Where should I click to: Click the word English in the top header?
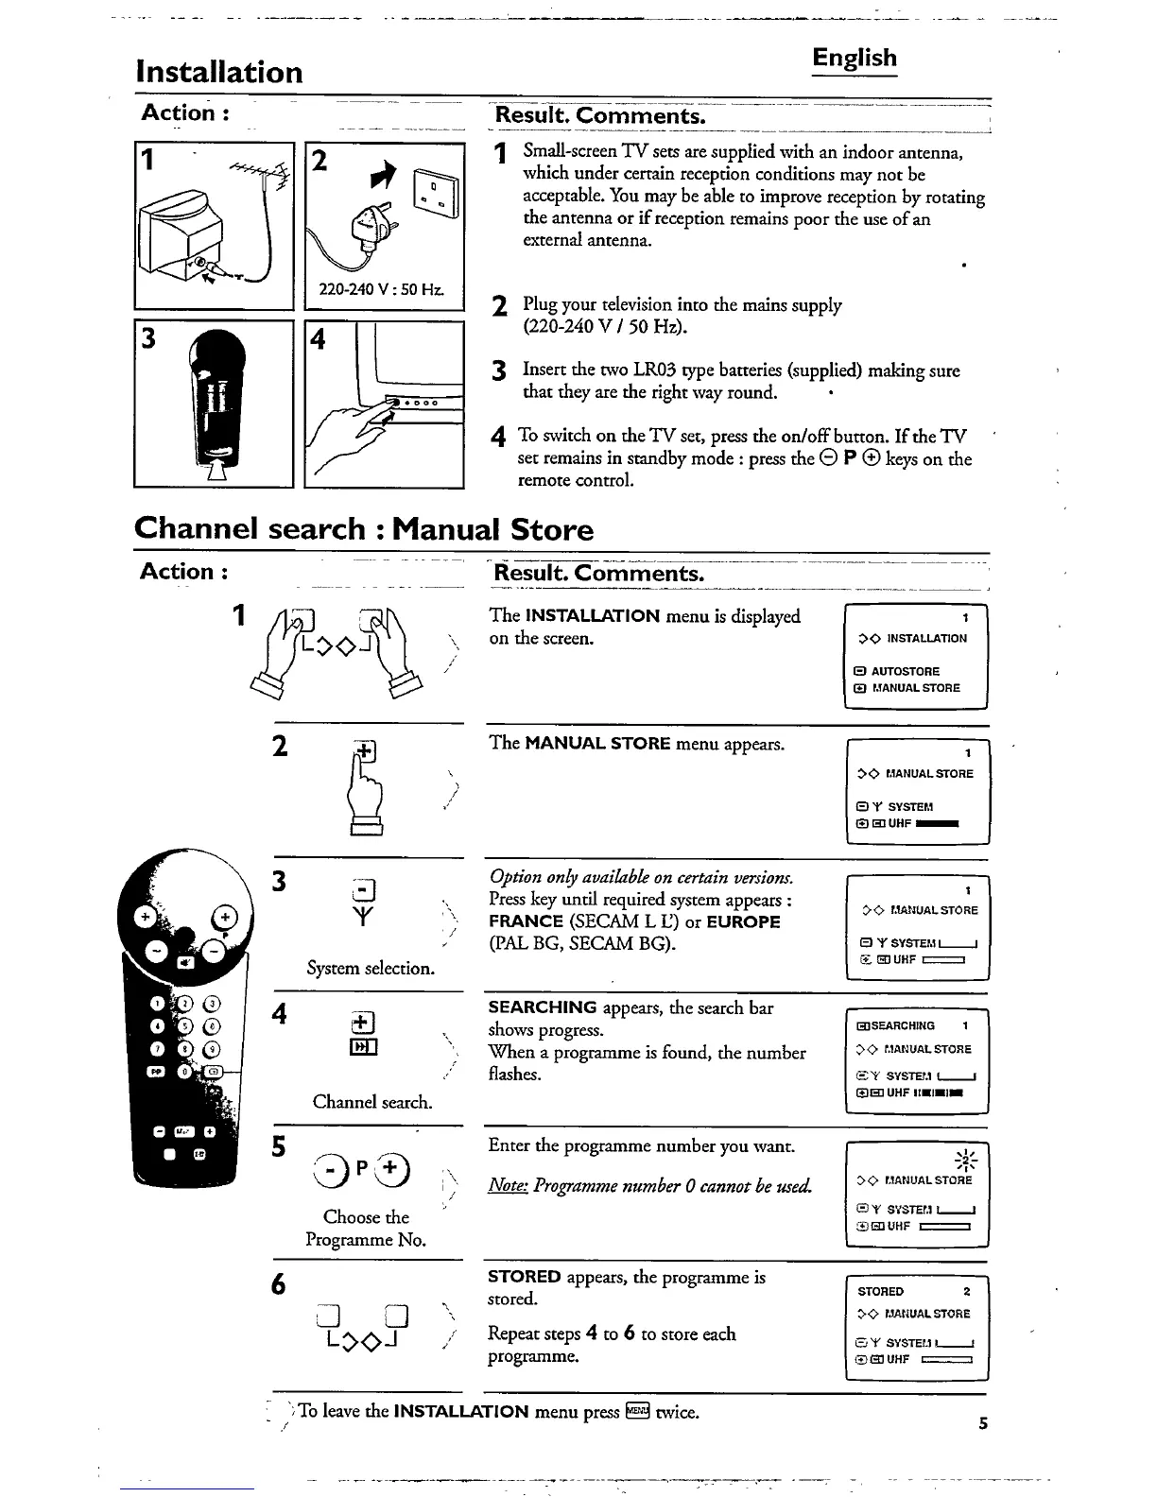[x=855, y=59]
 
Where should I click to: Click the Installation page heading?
[x=219, y=72]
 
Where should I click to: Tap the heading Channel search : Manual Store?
[x=364, y=529]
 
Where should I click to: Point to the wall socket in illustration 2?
[x=441, y=198]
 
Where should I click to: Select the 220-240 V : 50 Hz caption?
[x=383, y=289]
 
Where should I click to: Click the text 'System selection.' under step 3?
[x=371, y=969]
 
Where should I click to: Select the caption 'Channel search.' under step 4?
[x=372, y=1102]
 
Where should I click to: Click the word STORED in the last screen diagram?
[x=880, y=1292]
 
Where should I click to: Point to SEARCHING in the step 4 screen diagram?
[x=902, y=1026]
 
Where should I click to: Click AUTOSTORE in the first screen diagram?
[x=906, y=671]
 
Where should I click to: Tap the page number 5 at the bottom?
[x=983, y=1424]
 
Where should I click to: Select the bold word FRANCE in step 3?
[x=526, y=921]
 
